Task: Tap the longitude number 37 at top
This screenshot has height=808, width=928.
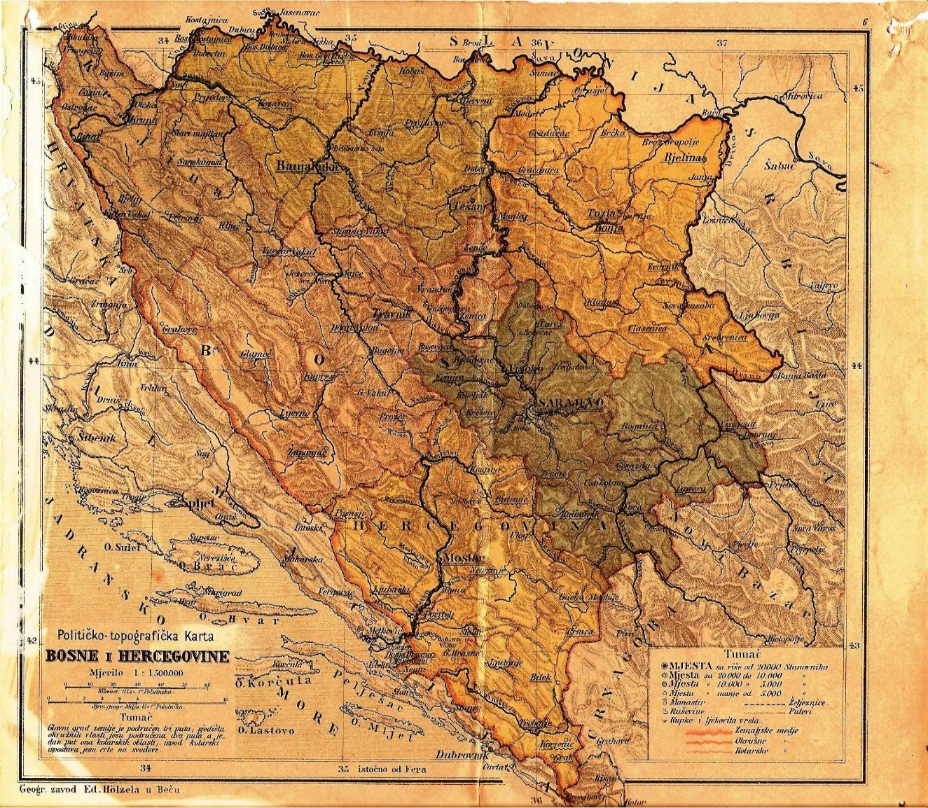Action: (x=722, y=43)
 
